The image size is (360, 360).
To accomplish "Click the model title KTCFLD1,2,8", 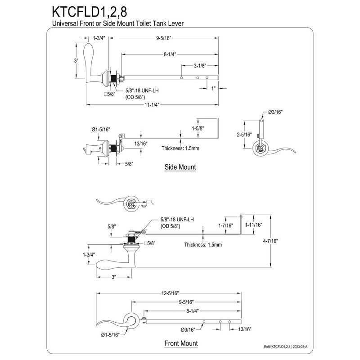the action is (90, 12).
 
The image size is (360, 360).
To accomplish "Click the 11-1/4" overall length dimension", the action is (152, 105).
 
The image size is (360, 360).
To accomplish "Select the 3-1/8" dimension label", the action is (200, 66).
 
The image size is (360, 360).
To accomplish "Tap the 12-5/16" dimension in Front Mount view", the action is (170, 293).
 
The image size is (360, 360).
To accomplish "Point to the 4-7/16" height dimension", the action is (270, 241).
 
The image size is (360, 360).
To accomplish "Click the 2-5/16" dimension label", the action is (244, 134).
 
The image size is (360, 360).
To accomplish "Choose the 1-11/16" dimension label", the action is (253, 225).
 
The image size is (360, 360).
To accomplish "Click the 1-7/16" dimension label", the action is (225, 225).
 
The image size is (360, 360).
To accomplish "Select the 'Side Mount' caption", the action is (180, 167).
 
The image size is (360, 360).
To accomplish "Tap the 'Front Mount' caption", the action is (181, 343).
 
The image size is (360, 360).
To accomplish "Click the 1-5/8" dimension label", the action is (198, 128).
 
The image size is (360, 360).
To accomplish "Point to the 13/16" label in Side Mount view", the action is (141, 144).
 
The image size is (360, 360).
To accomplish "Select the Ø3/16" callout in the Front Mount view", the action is (188, 330).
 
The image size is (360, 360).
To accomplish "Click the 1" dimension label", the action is (213, 88).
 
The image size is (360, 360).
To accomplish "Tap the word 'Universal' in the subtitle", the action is (65, 23).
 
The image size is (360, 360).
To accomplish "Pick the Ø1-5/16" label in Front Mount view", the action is (110, 335).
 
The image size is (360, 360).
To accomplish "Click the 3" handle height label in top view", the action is (76, 61).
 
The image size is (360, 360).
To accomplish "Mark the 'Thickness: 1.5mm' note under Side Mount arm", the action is (180, 148).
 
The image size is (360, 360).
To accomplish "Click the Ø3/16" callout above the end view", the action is (275, 112).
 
